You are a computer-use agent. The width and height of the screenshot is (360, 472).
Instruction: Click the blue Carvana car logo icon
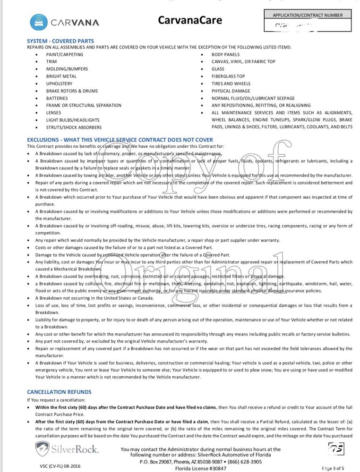click(x=38, y=22)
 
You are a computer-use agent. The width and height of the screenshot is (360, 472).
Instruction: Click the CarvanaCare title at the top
click(x=189, y=20)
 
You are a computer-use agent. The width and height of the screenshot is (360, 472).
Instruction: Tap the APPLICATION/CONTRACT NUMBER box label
click(x=308, y=15)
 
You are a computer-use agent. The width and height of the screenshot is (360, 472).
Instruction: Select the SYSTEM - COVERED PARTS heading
click(x=60, y=41)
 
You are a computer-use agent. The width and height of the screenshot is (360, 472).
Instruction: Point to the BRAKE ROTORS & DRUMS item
click(x=72, y=91)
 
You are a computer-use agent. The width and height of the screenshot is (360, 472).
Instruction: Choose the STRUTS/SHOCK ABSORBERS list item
click(x=74, y=127)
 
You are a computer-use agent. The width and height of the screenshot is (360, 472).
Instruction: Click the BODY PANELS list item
click(x=225, y=54)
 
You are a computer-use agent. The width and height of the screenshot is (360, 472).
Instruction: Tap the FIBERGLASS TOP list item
click(x=228, y=76)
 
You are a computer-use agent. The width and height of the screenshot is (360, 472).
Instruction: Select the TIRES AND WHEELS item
click(x=231, y=84)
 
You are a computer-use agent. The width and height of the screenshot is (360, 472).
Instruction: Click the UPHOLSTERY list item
click(x=59, y=84)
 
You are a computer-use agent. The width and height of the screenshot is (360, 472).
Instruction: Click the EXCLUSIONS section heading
click(x=120, y=140)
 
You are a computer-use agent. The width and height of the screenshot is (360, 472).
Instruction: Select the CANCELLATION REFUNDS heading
click(x=59, y=392)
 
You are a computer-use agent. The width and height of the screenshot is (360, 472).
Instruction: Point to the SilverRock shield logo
click(x=43, y=448)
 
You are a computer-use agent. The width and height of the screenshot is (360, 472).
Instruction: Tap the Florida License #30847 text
click(x=200, y=468)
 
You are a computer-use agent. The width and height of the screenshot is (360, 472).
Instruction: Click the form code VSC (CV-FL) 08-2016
click(x=53, y=466)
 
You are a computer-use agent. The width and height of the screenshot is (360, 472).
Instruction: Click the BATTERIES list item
click(x=57, y=98)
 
